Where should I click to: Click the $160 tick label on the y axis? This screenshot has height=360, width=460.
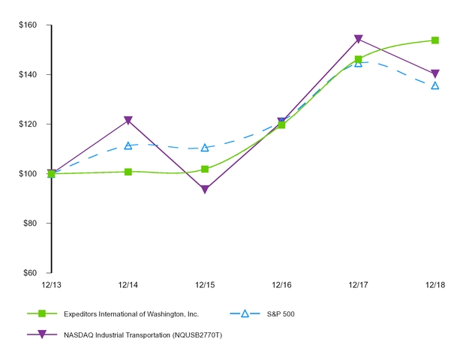(29, 25)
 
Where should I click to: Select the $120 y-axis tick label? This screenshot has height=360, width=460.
(29, 124)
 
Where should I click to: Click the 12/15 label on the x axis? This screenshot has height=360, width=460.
(205, 285)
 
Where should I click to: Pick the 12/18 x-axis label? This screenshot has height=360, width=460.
(434, 285)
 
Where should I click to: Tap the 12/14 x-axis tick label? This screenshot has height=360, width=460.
(128, 285)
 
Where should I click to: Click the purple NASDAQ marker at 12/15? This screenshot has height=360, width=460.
(205, 190)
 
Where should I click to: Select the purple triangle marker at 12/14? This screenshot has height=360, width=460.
(128, 121)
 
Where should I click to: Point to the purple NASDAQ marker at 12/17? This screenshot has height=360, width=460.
(358, 39)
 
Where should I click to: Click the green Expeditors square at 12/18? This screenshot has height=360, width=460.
(434, 40)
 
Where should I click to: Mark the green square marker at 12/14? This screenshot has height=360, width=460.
(128, 172)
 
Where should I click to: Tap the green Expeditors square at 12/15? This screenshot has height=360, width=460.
(205, 169)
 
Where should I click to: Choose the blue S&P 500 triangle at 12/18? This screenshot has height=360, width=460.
(434, 85)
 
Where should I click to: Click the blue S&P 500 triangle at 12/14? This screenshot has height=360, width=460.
(128, 145)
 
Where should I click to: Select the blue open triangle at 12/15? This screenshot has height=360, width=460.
(205, 148)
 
